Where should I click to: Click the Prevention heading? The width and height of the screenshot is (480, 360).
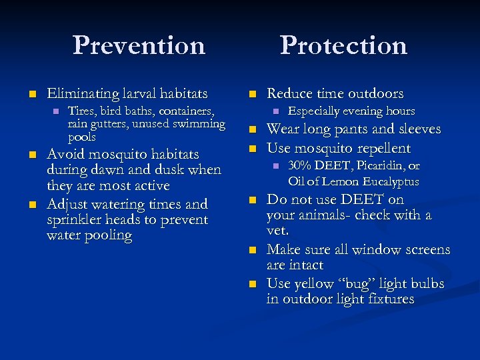pyautogui.click(x=139, y=45)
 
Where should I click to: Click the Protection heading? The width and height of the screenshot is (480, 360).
pyautogui.click(x=343, y=45)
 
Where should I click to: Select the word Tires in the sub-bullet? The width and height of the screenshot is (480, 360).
pyautogui.click(x=81, y=111)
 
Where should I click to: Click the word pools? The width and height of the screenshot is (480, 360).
pyautogui.click(x=81, y=137)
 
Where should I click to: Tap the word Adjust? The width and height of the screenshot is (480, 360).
pyautogui.click(x=67, y=204)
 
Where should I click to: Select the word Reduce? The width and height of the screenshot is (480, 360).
pyautogui.click(x=289, y=95)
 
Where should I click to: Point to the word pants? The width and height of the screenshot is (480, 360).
pyautogui.click(x=350, y=129)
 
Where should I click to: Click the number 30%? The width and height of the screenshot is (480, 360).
pyautogui.click(x=300, y=166)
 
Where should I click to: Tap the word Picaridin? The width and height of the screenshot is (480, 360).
pyautogui.click(x=381, y=166)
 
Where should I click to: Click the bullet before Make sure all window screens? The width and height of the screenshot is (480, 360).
pyautogui.click(x=253, y=251)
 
